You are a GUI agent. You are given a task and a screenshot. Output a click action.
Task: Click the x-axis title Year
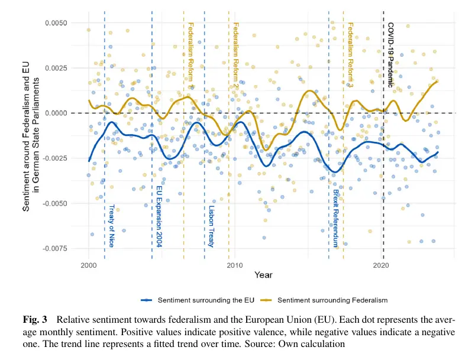click(x=263, y=275)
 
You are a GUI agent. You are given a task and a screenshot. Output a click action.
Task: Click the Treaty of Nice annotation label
click(x=111, y=226)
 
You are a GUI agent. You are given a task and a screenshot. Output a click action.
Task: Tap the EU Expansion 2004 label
click(x=159, y=217)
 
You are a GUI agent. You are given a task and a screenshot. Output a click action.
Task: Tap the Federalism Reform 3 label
click(x=350, y=54)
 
